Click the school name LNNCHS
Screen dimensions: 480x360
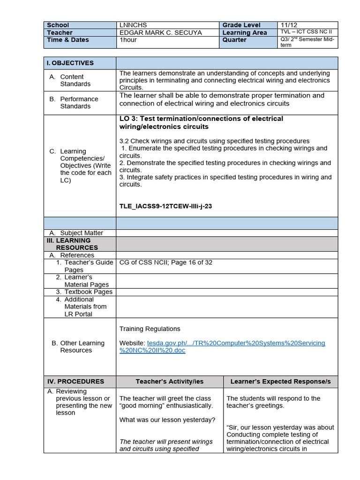tap(131, 25)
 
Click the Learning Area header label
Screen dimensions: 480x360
tap(244, 33)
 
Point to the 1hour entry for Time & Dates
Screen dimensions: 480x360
tap(129, 40)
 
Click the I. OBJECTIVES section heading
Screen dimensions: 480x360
tap(70, 63)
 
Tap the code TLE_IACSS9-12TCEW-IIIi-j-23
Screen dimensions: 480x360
tap(165, 206)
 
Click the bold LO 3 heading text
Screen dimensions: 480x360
tap(201, 123)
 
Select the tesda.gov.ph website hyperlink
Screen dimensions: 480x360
tap(222, 347)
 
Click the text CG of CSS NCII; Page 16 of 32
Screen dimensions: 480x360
tap(166, 262)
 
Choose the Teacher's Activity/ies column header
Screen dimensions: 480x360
tap(169, 382)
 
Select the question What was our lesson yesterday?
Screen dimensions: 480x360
tap(167, 420)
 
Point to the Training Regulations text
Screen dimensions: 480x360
tap(150, 329)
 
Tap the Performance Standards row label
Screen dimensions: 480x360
tap(79, 103)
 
